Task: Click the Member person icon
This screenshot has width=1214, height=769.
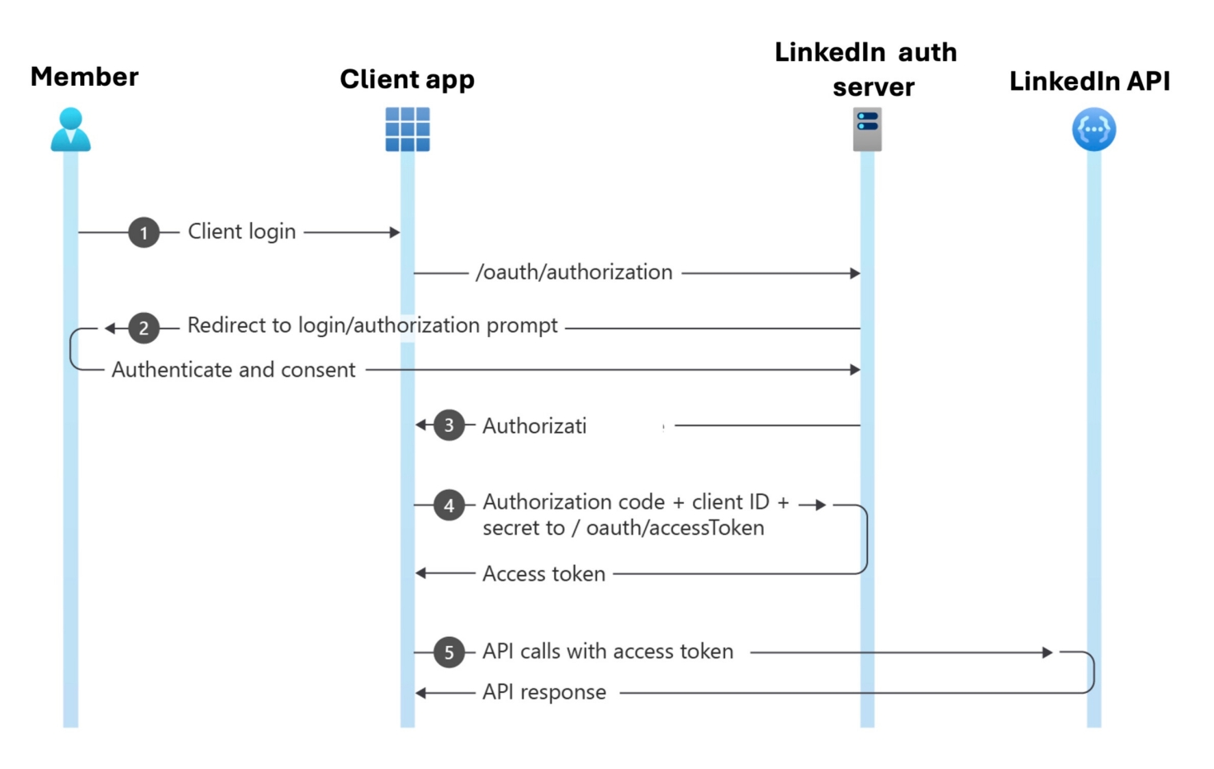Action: pos(70,130)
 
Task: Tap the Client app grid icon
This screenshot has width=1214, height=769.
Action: pos(407,130)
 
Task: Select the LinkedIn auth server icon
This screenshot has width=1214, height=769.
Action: pos(867,130)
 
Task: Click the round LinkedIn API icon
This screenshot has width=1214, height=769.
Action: pos(1093,130)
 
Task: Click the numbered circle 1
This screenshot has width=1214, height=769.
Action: pos(144,233)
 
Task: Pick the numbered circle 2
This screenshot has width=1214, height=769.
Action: pos(144,328)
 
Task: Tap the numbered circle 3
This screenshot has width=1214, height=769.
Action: pos(448,425)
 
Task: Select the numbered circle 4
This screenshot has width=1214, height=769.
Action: pos(448,505)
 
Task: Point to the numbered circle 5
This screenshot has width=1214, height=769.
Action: pos(448,653)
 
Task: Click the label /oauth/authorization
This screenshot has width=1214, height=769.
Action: pos(574,273)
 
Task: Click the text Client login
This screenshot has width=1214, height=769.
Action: pos(241,232)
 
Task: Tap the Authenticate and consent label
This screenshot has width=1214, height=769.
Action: pos(234,370)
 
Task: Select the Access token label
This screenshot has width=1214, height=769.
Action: pos(543,574)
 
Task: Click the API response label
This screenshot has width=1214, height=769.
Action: pos(543,692)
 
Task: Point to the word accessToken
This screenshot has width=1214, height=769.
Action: pos(675,528)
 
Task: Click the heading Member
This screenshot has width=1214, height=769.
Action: pos(84,77)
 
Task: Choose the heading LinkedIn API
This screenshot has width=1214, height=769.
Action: pos(1089,81)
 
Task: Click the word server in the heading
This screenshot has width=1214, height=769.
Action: pos(873,87)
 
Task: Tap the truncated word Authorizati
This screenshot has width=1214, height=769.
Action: pos(534,426)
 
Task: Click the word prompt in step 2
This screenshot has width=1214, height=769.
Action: pos(522,326)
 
